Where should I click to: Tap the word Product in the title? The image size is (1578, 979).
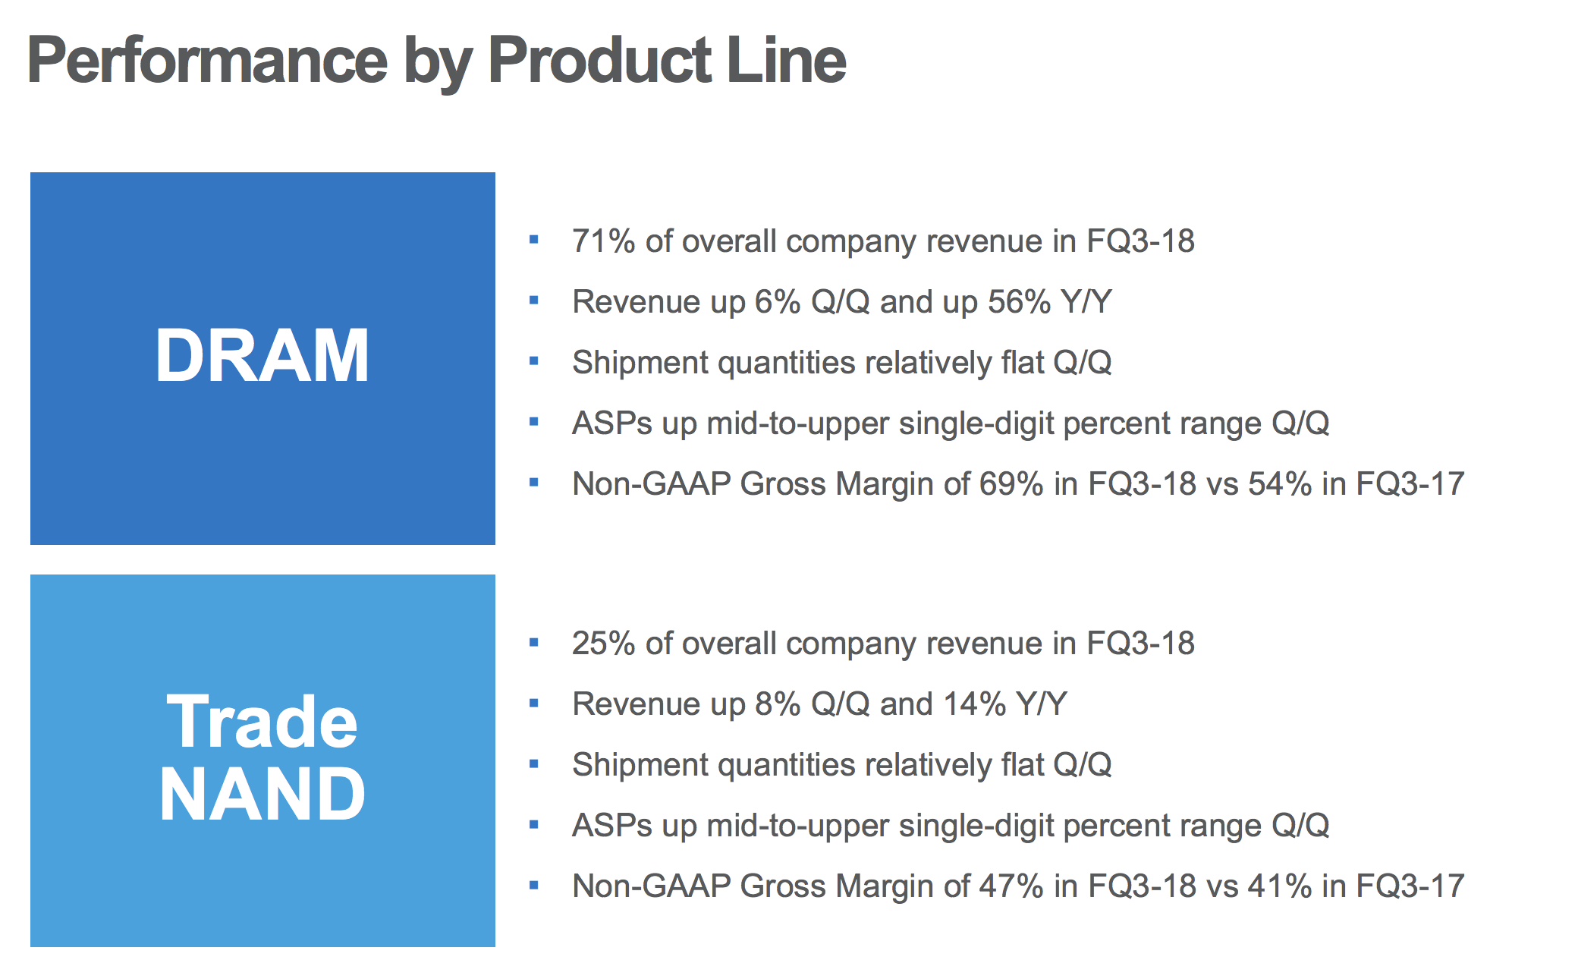[600, 61]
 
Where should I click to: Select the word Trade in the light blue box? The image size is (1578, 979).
[262, 722]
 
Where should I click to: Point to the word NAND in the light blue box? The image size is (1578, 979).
[262, 794]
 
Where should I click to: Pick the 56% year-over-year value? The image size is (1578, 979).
[1019, 302]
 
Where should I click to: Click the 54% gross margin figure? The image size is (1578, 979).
[1280, 484]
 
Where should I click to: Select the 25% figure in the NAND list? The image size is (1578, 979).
[604, 644]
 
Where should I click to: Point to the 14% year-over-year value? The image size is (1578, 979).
[975, 704]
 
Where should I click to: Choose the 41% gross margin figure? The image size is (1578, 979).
[1280, 886]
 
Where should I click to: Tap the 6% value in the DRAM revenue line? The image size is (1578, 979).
[778, 302]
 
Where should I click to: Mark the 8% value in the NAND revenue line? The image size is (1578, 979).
[778, 704]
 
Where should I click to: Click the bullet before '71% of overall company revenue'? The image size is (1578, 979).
[534, 240]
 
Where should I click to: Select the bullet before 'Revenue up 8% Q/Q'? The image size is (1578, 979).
[534, 703]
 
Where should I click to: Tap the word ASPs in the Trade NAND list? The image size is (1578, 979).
[612, 826]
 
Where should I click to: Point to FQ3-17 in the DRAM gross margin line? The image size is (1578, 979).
[1410, 484]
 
